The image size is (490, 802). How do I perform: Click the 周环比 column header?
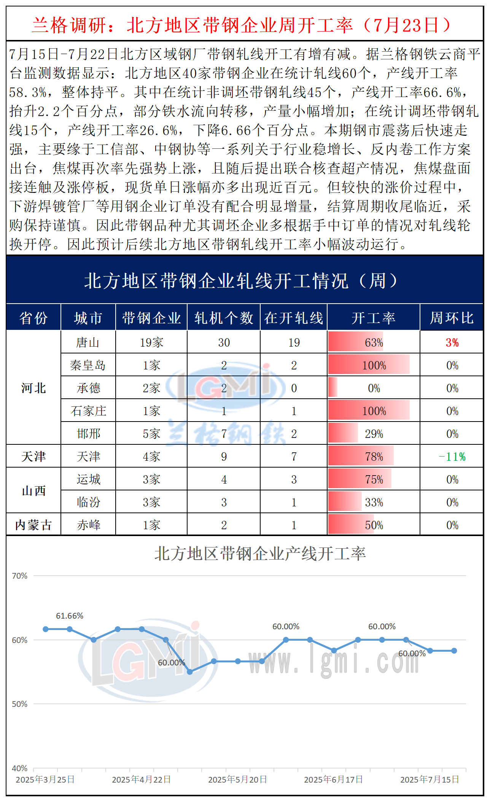point(452,318)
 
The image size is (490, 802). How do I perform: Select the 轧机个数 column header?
point(224,318)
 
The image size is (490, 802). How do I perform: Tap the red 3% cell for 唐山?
point(452,342)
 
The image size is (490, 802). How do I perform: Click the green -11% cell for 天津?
point(452,457)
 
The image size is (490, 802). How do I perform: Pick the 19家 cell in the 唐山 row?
point(151,342)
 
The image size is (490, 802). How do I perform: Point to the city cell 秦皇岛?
point(88,365)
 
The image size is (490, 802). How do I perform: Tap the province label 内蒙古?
point(33,525)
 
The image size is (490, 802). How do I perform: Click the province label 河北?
point(33,388)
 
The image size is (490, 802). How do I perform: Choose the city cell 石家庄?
point(88,411)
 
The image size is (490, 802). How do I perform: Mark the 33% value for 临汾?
point(374,502)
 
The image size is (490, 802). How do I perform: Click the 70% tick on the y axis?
point(20,576)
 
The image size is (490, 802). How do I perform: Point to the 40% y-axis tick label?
point(20,768)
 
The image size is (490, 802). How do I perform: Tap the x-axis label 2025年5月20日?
point(237,780)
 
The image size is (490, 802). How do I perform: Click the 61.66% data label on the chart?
point(70,616)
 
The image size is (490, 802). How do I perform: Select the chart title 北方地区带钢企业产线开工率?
point(260,554)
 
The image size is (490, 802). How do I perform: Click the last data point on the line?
point(454,651)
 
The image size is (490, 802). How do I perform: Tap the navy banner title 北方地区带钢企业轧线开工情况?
point(240,281)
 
